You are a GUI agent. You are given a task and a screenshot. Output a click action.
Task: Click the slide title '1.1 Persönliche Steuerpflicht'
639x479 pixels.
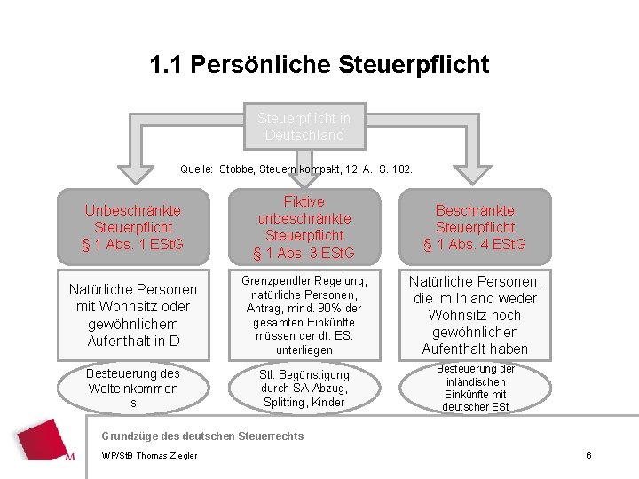click(x=319, y=65)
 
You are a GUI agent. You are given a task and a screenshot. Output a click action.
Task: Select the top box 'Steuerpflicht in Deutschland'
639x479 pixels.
click(x=303, y=127)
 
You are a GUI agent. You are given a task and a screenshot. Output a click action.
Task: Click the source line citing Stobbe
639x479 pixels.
click(x=296, y=169)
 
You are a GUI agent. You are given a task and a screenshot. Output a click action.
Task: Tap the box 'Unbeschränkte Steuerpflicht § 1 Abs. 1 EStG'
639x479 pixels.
click(x=132, y=227)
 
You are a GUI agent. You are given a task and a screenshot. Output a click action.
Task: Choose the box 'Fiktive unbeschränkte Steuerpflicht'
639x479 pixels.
click(x=304, y=228)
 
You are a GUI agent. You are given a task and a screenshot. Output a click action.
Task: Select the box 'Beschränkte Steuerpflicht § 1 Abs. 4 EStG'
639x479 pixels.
click(x=474, y=227)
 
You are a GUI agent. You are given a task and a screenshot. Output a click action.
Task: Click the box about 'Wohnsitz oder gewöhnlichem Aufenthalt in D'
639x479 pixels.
click(x=132, y=315)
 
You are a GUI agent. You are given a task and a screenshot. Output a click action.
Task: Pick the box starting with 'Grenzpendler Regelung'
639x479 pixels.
click(x=304, y=315)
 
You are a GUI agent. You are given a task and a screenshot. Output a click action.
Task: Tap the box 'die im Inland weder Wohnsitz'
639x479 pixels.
click(x=474, y=315)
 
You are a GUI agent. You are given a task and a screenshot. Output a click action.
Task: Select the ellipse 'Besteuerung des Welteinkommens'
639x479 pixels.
click(x=132, y=389)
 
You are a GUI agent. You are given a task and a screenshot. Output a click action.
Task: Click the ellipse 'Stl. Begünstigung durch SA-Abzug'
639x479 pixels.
click(x=304, y=389)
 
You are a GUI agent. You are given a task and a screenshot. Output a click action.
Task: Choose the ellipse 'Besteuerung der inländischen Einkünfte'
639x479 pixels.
click(x=474, y=389)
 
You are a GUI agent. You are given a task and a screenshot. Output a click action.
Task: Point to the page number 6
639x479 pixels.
click(x=588, y=455)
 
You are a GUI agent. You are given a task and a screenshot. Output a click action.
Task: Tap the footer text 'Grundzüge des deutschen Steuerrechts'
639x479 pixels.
click(x=202, y=436)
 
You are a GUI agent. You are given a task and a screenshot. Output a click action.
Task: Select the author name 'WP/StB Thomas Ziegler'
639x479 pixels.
click(x=150, y=456)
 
